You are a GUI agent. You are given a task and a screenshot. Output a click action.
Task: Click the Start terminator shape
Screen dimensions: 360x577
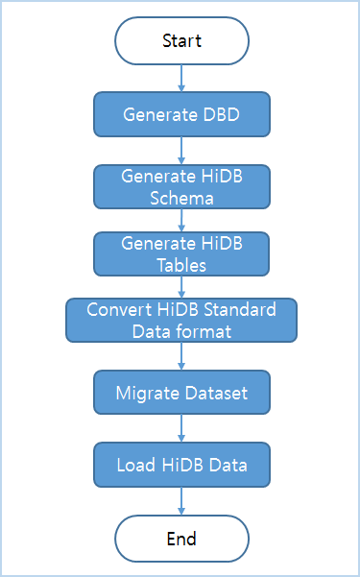coord(181,40)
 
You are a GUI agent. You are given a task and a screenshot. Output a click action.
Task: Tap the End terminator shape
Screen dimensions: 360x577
coord(181,539)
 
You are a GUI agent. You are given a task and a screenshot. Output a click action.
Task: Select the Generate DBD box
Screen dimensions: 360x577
coord(181,114)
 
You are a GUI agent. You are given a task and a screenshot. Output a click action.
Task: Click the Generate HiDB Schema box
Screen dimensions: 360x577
coord(181,185)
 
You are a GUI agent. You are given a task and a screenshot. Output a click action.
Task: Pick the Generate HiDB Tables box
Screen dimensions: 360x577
coord(181,252)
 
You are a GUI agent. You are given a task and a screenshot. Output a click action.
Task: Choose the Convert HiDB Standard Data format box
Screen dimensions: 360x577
coord(181,320)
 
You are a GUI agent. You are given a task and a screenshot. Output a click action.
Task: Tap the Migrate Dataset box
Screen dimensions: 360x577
coord(181,393)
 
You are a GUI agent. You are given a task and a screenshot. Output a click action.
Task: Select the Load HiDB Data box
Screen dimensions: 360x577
coord(181,465)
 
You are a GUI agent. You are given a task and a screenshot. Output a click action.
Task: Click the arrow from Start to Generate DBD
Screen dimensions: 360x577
coord(181,78)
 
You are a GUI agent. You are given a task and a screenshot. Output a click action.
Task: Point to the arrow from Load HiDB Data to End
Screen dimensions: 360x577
coord(181,501)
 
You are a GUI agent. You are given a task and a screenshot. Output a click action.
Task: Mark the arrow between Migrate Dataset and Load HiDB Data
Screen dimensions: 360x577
coord(181,428)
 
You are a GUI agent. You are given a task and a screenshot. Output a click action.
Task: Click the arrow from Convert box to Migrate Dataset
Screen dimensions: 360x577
coord(181,356)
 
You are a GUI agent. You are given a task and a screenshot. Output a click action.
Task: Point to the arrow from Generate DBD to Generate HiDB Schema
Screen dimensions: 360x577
coord(181,150)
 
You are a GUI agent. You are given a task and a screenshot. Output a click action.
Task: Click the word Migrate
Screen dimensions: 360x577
coord(146,393)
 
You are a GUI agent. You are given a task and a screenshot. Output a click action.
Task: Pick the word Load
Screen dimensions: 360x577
coord(134,465)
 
